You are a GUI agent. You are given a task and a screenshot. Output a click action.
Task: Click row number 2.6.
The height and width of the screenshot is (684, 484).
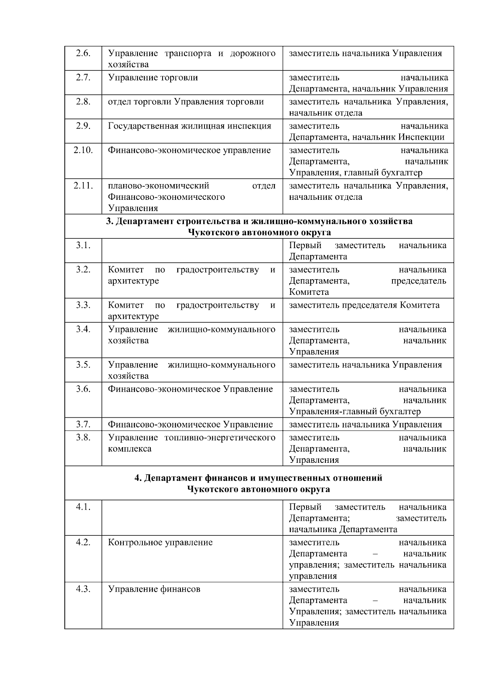coord(83,54)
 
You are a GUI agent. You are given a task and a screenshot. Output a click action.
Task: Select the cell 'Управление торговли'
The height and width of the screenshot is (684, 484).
coord(153,78)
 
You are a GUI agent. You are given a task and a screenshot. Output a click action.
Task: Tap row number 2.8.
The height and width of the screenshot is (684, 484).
coord(83,102)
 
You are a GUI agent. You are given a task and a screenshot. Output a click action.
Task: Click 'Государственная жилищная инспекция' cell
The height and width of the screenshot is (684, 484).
coord(190,126)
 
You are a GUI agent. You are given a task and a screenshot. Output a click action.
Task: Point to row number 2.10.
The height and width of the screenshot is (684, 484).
coord(83,150)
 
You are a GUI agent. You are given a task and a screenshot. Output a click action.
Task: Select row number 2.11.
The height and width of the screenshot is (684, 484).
coord(83,186)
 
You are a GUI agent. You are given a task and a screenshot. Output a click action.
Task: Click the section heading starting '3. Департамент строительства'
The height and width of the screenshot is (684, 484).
coord(259,221)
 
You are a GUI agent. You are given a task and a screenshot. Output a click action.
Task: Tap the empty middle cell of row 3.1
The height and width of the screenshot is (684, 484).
coord(192,251)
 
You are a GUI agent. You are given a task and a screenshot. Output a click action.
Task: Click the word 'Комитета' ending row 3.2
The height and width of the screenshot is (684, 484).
coord(309,292)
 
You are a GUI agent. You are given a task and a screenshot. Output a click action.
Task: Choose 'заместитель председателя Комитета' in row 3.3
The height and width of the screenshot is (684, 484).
coord(364,305)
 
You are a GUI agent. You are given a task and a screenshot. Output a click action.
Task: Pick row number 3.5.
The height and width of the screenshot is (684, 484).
coord(83,365)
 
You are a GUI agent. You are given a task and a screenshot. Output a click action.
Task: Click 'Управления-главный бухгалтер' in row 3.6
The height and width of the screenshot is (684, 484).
coord(355,412)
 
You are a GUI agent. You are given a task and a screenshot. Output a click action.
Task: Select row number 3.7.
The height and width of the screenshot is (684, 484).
coord(83,425)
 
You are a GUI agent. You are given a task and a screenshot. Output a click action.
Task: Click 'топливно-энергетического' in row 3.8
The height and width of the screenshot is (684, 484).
coord(220,438)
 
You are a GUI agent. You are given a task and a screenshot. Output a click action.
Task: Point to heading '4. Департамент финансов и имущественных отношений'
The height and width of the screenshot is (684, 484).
coord(259,478)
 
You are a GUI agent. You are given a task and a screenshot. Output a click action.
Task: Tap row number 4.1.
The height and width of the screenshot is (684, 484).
coord(83,507)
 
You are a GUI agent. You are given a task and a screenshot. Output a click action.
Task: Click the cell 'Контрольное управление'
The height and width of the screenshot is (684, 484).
coord(160,543)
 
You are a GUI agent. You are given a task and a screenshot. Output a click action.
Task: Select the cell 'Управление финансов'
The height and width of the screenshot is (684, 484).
coord(154,589)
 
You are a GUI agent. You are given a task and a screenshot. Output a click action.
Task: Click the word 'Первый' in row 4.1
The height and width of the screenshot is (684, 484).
coord(305,507)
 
